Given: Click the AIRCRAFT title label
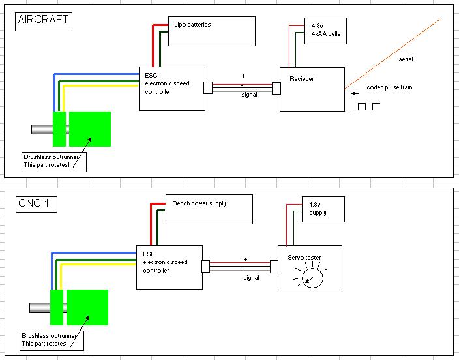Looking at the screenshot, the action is coord(43,22).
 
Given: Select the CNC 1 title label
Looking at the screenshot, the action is coord(37,204).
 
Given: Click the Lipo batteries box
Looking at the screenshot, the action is coord(212,31).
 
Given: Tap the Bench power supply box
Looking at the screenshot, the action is coord(209,209).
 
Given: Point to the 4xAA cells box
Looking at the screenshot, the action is coord(325,31).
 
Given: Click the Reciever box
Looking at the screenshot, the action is coord(312,89).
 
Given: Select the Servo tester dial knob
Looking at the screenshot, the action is coord(312,278).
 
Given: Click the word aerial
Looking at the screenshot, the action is coord(406,59).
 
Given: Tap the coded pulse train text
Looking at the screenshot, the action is coord(389,87).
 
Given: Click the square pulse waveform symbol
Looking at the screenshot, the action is coord(365,106).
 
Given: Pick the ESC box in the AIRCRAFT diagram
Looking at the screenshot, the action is coord(172,89).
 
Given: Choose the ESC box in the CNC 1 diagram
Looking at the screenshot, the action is coord(170,267).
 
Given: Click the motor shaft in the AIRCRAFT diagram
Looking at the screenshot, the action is coord(42,129).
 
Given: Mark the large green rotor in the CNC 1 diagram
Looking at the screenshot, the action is coord(87,307).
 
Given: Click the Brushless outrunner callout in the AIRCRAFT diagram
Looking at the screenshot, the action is coord(54,161).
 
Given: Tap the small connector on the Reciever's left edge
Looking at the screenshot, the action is coord(276,88).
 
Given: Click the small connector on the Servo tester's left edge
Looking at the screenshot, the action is coord(274,267).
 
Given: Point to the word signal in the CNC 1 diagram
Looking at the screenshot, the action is coord(251,278).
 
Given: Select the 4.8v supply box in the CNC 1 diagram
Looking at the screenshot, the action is coord(323,209).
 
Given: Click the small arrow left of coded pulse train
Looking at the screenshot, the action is coord(355,93).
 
